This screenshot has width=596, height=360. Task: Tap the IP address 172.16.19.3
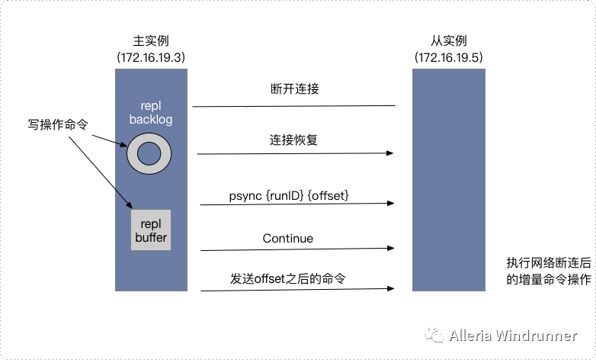tap(151, 57)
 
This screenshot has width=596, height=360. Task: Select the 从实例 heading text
tap(448, 40)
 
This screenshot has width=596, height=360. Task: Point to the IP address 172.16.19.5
tap(449, 57)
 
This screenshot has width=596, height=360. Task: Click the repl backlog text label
tap(152, 112)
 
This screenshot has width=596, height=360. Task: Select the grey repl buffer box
tap(151, 230)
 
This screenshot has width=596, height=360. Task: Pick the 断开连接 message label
tap(294, 89)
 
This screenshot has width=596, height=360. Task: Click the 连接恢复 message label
tap(294, 140)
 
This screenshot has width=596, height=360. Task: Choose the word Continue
tap(287, 239)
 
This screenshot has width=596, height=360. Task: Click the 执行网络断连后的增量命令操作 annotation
tap(548, 271)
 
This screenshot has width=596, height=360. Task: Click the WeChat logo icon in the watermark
tap(434, 336)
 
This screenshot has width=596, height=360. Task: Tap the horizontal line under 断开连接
tap(293, 106)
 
